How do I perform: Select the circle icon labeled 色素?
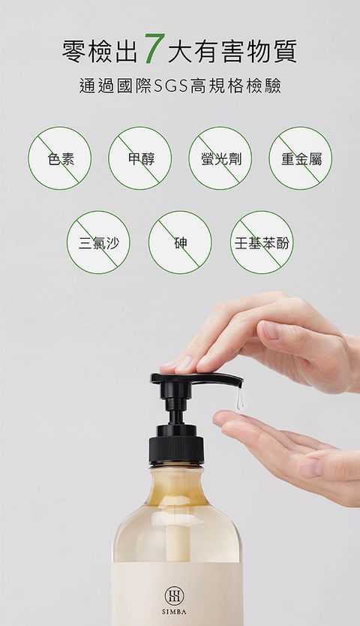click(x=59, y=158)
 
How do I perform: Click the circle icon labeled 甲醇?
click(x=140, y=158)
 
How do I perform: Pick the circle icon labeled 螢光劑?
click(x=220, y=158)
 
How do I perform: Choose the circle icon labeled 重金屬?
click(x=301, y=158)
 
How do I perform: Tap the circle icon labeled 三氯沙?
click(x=98, y=242)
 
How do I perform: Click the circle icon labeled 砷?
click(x=181, y=242)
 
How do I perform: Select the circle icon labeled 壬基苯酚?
click(x=262, y=242)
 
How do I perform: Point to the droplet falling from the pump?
click(x=239, y=400)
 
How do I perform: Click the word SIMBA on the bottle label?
click(x=175, y=611)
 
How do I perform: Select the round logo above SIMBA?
click(x=175, y=596)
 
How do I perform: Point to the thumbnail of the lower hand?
click(x=310, y=467)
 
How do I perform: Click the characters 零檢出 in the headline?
click(x=100, y=52)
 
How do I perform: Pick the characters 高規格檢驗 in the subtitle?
click(x=235, y=86)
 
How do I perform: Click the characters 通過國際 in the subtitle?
click(x=115, y=86)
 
